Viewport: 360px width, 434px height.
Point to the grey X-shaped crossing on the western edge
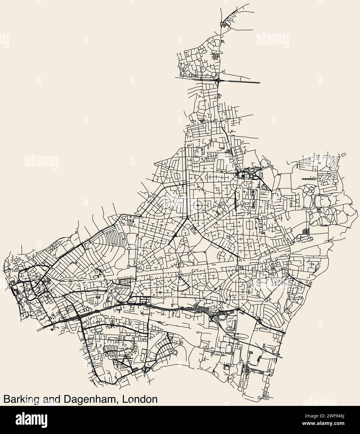(x=7, y=284)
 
